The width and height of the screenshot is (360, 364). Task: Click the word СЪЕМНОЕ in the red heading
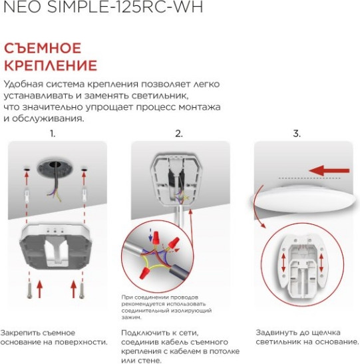[x=43, y=48]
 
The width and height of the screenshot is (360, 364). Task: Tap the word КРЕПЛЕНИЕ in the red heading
[x=51, y=65]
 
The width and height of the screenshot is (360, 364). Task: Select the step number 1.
[x=53, y=134]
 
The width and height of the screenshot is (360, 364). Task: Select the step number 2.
[x=178, y=134]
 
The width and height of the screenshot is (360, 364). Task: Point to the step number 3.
[x=297, y=134]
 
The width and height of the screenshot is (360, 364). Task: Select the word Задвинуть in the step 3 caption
[x=277, y=331]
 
